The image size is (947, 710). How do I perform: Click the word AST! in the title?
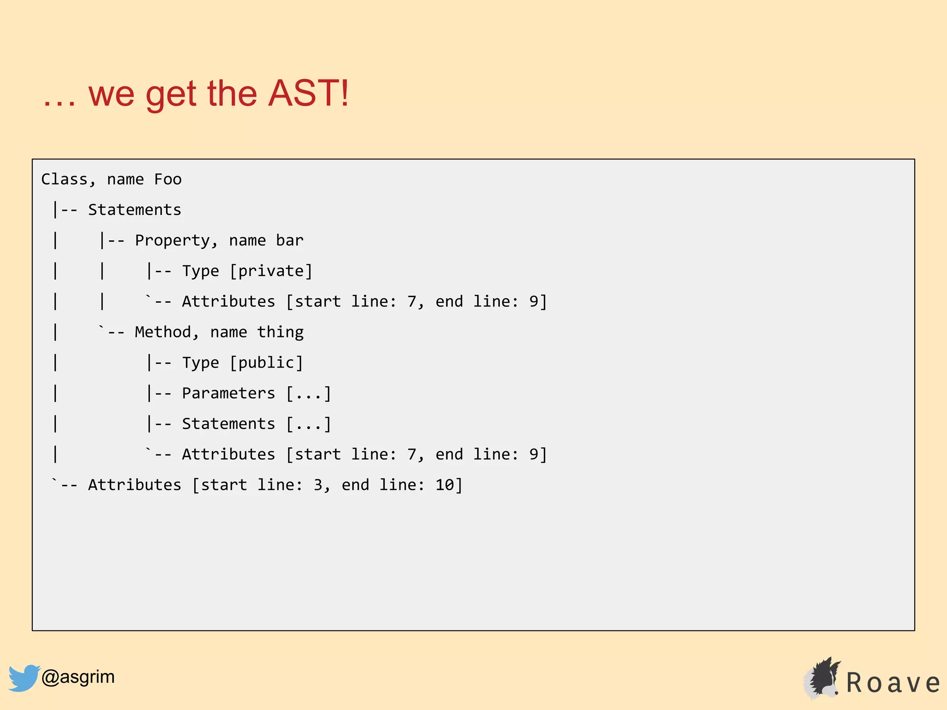pyautogui.click(x=308, y=93)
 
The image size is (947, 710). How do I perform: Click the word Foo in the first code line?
pyautogui.click(x=168, y=179)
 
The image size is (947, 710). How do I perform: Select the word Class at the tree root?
pyautogui.click(x=64, y=179)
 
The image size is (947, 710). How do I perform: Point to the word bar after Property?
pyautogui.click(x=289, y=240)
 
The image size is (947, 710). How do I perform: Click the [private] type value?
pyautogui.click(x=271, y=271)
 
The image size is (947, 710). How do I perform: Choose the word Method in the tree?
pyautogui.click(x=163, y=332)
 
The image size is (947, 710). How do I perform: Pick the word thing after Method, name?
pyautogui.click(x=280, y=332)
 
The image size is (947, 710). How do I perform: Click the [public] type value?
pyautogui.click(x=266, y=363)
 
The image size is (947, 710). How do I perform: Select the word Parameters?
pyautogui.click(x=228, y=393)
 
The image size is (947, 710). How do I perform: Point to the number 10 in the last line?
pyautogui.click(x=445, y=485)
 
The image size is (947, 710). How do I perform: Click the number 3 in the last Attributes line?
pyautogui.click(x=318, y=485)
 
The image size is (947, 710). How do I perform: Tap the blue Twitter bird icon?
pyautogui.click(x=24, y=678)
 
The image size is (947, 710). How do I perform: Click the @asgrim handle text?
pyautogui.click(x=78, y=677)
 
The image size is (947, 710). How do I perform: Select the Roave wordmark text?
pyautogui.click(x=893, y=683)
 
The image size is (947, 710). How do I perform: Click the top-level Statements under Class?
pyautogui.click(x=135, y=210)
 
